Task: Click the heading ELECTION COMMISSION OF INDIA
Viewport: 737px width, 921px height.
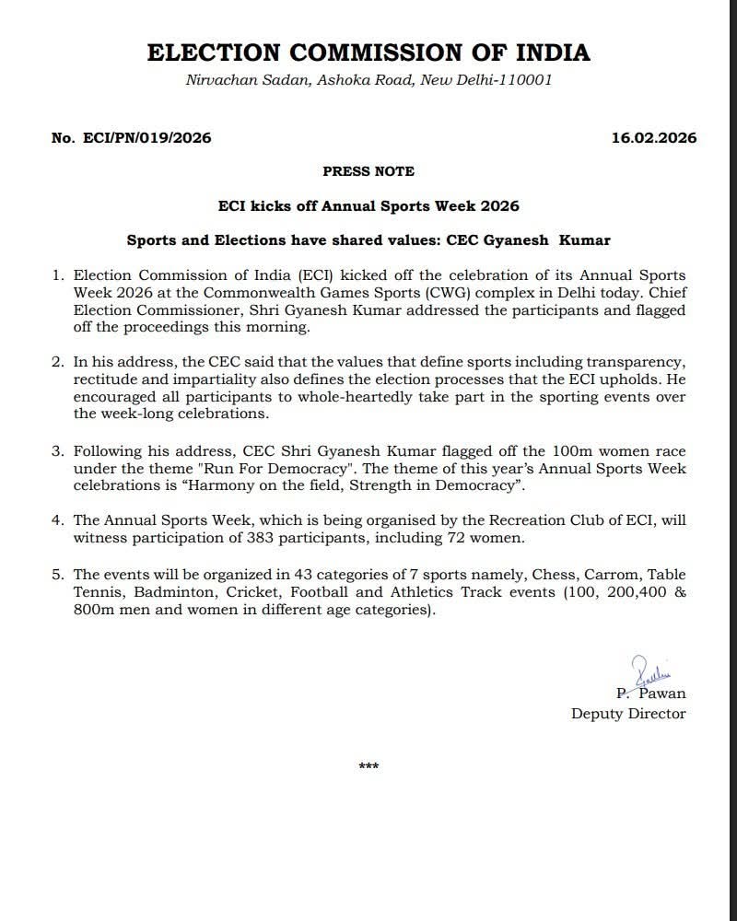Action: point(368,52)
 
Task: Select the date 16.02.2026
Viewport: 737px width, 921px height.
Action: point(654,139)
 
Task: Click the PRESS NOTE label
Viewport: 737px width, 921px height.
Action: point(368,171)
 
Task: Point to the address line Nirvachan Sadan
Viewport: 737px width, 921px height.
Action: point(368,80)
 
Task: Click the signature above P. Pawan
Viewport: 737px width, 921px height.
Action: point(648,670)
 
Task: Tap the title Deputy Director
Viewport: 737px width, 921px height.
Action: point(628,713)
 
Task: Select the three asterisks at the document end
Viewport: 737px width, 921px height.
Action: point(368,765)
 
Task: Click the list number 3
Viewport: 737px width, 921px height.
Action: point(57,452)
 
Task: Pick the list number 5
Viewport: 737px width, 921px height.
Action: point(57,574)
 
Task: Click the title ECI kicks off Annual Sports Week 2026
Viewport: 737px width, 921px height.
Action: point(368,205)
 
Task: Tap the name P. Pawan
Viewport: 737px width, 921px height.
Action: point(651,693)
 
